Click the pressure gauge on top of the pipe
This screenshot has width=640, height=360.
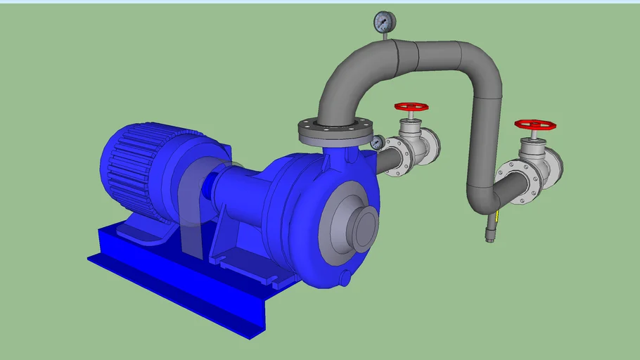tap(385, 22)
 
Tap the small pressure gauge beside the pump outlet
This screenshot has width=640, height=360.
tap(377, 143)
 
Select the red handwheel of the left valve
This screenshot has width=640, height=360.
tap(411, 108)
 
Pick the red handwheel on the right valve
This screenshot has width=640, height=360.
tap(535, 124)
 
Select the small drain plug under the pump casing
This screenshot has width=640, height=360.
tap(344, 278)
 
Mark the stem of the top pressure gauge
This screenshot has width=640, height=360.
tap(385, 37)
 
